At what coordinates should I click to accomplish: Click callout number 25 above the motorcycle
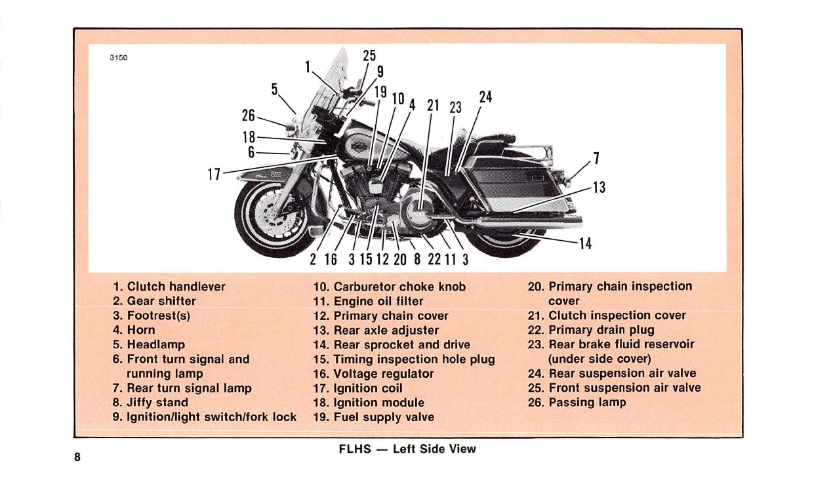click(x=369, y=56)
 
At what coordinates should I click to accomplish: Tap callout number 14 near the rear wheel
click(x=585, y=244)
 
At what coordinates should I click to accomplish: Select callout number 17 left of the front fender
click(x=214, y=174)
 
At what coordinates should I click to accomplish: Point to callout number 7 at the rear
click(x=596, y=158)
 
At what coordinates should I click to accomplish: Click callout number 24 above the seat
click(x=485, y=97)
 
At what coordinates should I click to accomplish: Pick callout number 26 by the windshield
click(x=248, y=115)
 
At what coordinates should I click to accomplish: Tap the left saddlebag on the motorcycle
click(x=508, y=184)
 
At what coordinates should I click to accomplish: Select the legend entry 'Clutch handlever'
click(x=176, y=287)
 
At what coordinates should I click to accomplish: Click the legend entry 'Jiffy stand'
click(x=157, y=402)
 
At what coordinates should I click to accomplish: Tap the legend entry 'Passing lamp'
click(x=587, y=402)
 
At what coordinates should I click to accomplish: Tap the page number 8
click(x=77, y=457)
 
